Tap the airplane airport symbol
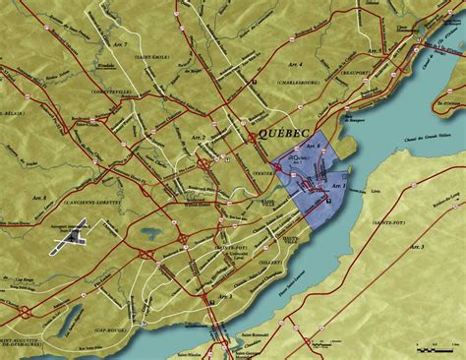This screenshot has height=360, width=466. (x=72, y=234)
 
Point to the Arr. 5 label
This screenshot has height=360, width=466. (x=375, y=48)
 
